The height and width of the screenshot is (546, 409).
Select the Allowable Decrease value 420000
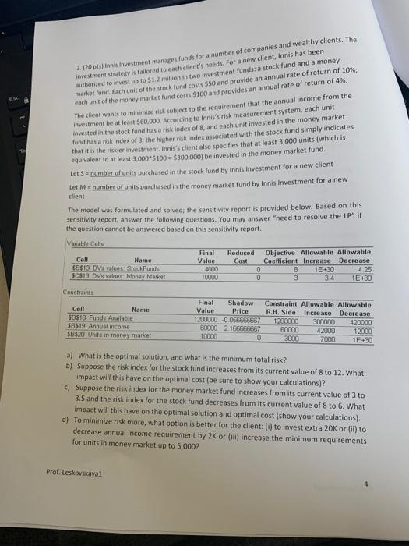pos(361,321)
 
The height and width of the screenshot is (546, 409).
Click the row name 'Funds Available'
pos(122,321)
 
